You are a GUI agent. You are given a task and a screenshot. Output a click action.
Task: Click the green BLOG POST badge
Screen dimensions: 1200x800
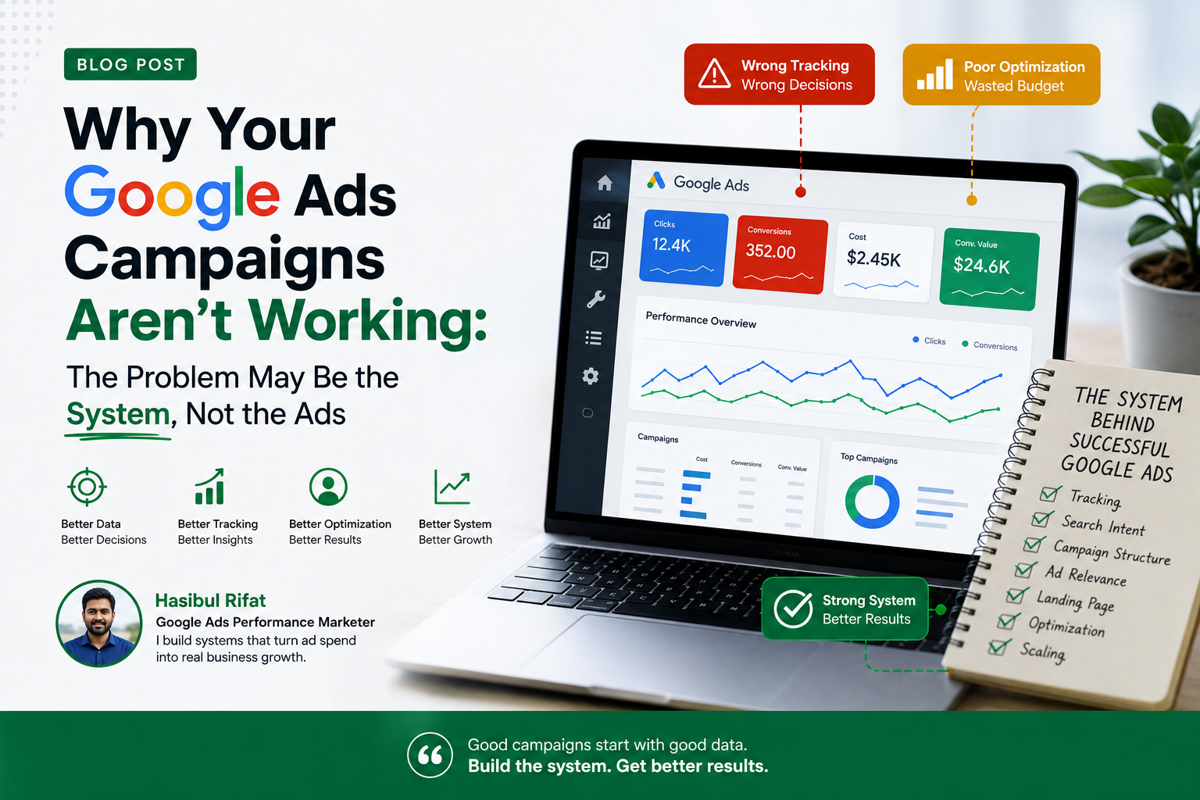pyautogui.click(x=130, y=64)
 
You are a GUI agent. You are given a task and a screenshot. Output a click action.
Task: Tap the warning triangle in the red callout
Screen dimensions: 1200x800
pyautogui.click(x=714, y=73)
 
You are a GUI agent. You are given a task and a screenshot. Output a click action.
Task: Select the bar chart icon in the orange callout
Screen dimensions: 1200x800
pyautogui.click(x=935, y=74)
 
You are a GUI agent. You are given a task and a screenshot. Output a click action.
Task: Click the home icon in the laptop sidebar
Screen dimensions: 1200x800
pyautogui.click(x=605, y=183)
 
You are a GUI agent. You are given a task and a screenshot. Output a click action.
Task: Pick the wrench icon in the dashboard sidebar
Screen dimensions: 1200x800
pyautogui.click(x=596, y=299)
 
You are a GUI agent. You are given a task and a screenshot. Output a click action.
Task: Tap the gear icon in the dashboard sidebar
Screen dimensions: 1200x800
pyautogui.click(x=591, y=376)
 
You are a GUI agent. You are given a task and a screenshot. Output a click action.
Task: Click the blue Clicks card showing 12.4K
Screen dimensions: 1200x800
pyautogui.click(x=684, y=248)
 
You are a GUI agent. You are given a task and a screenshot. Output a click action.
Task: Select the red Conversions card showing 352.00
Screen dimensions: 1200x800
pyautogui.click(x=780, y=255)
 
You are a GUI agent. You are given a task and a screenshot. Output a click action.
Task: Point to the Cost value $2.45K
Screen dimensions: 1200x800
pyautogui.click(x=873, y=259)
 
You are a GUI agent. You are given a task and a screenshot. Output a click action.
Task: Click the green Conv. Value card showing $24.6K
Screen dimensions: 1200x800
pyautogui.click(x=990, y=269)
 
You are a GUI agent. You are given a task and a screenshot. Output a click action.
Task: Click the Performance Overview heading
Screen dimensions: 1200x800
pyautogui.click(x=701, y=320)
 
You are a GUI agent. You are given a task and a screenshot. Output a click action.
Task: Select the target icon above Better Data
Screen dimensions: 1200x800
pyautogui.click(x=87, y=487)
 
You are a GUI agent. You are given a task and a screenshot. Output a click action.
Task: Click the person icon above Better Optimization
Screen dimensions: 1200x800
pyautogui.click(x=328, y=487)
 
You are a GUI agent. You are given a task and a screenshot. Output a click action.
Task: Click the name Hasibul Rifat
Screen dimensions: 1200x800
pyautogui.click(x=210, y=601)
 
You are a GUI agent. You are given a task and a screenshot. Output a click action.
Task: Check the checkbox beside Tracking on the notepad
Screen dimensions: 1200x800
pyautogui.click(x=1049, y=494)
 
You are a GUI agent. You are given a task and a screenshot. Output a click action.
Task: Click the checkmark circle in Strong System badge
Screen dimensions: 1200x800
pyautogui.click(x=793, y=609)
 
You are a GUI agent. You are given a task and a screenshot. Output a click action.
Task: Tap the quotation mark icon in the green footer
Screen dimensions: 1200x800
pyautogui.click(x=430, y=755)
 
